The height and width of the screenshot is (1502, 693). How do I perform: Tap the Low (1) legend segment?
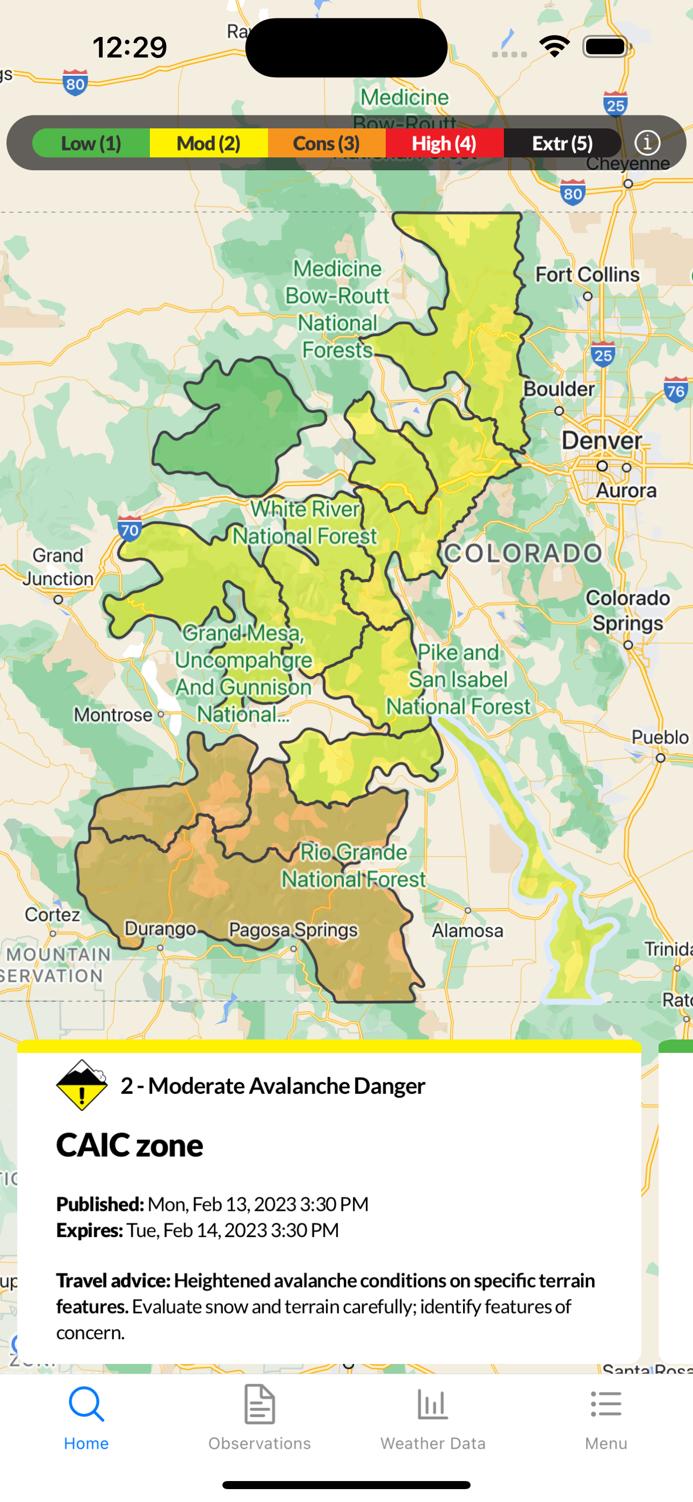[91, 143]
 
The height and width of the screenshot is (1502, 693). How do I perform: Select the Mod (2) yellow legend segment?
[209, 143]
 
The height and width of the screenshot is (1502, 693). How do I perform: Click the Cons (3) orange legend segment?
[327, 143]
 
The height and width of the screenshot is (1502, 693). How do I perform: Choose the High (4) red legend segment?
[444, 143]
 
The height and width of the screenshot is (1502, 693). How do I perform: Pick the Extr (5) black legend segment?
[562, 143]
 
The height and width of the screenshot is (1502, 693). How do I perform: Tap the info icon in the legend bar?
[647, 143]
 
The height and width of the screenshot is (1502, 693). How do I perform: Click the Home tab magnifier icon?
[86, 1405]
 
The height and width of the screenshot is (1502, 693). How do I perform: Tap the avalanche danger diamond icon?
[82, 1085]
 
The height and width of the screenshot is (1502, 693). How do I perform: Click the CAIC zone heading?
[129, 1145]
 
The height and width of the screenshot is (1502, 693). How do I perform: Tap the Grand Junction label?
[58, 567]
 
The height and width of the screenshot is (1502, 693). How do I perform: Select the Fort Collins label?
[587, 275]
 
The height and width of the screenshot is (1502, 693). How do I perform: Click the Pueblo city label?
[660, 738]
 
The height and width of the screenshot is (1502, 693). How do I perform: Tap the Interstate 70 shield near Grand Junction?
[129, 529]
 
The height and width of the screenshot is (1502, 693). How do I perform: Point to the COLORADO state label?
[523, 553]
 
